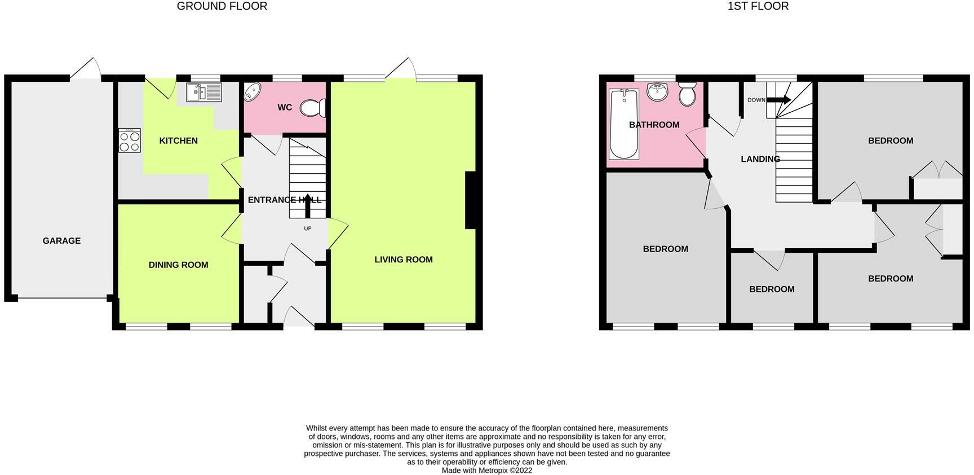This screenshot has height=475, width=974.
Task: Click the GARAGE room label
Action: coord(61,241)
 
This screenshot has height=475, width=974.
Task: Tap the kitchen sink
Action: coord(205,92)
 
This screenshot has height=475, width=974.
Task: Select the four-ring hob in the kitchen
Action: coord(130,140)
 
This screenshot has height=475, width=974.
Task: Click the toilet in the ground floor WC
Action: coord(313,108)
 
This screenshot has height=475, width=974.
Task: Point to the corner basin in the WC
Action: coord(251,91)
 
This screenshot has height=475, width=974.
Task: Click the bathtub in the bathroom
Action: coord(624,124)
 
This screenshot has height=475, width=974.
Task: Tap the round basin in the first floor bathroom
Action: coord(657,91)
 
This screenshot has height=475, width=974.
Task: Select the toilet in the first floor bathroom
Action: coord(687,94)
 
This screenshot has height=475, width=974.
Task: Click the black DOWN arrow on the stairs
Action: coord(779,100)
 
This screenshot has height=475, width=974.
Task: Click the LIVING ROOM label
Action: coord(404,260)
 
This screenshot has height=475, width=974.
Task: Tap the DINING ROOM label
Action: coord(178,265)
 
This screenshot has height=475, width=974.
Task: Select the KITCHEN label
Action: coord(178,140)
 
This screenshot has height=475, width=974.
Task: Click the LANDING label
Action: coord(760,159)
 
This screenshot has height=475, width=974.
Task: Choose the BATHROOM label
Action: coord(654,125)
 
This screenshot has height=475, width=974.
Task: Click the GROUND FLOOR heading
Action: coord(222,6)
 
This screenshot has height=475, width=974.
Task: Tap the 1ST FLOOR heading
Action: coord(758,6)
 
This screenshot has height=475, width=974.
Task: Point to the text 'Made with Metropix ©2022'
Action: coord(487,470)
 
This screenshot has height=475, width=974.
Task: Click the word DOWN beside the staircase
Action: coord(756,100)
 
